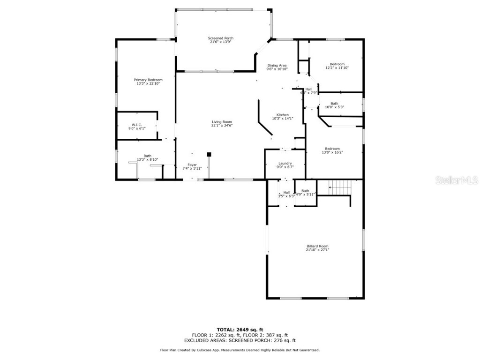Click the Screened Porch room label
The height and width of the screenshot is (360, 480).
coord(220,38)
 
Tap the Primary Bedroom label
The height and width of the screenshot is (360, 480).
coord(148,80)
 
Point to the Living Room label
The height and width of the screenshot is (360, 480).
coord(222,122)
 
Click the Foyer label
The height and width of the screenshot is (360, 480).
coord(192,165)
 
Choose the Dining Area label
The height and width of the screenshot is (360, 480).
coord(277,65)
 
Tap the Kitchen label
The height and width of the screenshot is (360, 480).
coord(282,115)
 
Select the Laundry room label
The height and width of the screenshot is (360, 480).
coord(285,163)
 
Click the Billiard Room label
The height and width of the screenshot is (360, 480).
coord(317,246)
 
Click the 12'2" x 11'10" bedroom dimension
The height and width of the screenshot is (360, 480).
coord(337,68)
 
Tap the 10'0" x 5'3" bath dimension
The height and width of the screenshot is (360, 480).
coord(334,107)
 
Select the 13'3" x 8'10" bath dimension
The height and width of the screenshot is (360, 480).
coord(147,159)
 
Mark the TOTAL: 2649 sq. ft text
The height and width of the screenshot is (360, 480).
coord(240,329)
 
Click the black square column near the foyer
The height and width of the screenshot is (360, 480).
coord(209,154)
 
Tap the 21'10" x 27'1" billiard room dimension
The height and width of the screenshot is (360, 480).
coord(317,250)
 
